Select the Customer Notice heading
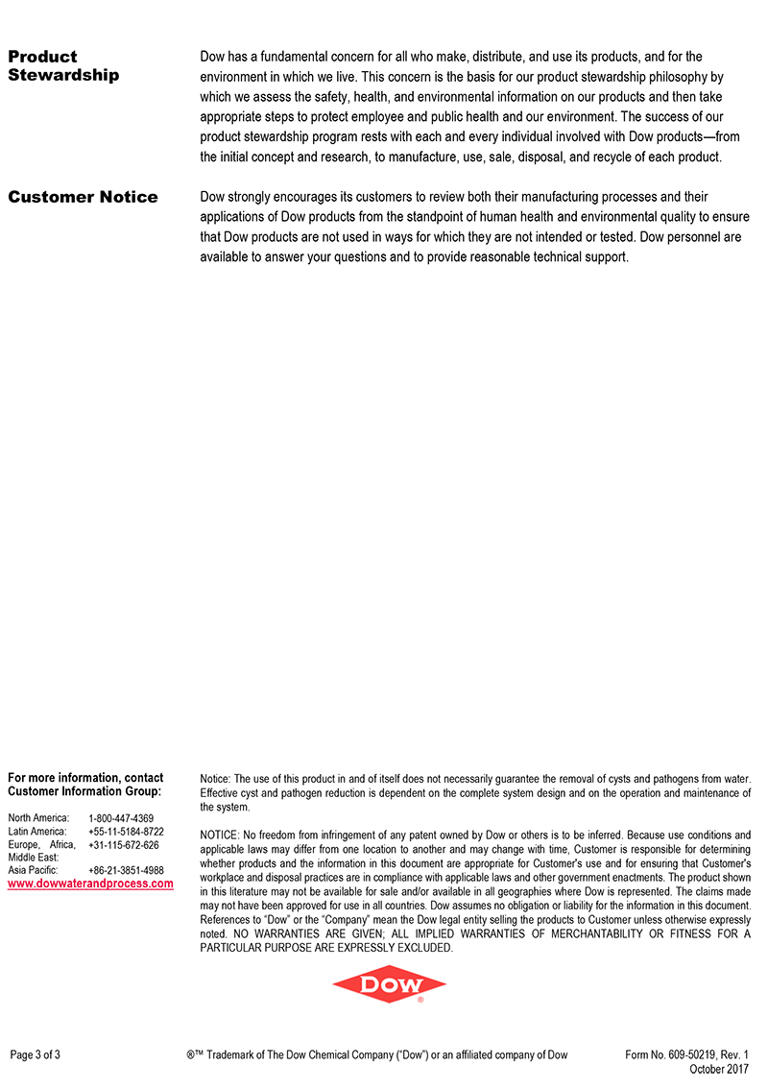(83, 197)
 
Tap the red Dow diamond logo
(389, 984)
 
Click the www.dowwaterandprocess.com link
(90, 884)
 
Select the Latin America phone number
(126, 832)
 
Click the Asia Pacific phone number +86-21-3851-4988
(126, 870)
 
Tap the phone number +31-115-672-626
(123, 845)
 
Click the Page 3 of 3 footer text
(36, 1054)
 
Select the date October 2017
(719, 1069)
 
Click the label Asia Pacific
(33, 870)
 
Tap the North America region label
(38, 818)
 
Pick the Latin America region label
(37, 832)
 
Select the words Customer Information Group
(84, 791)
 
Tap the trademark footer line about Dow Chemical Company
(377, 1054)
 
